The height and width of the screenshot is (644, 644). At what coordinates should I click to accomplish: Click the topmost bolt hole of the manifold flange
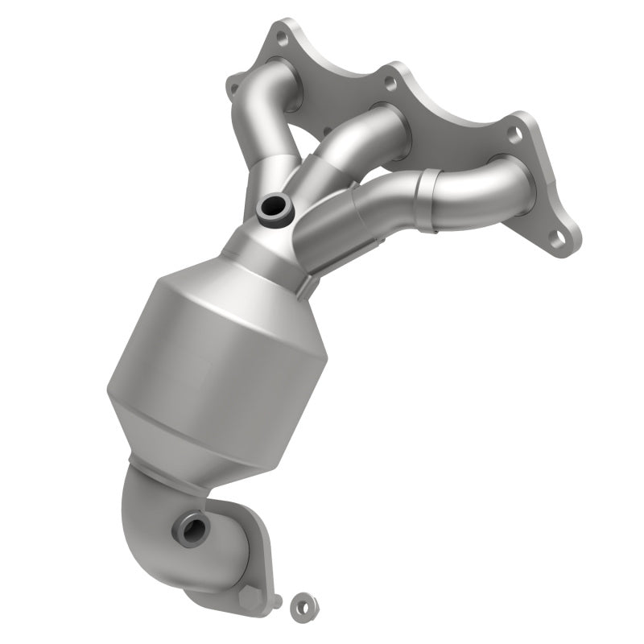281,36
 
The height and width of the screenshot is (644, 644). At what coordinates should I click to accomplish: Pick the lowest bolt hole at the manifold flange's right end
556,237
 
